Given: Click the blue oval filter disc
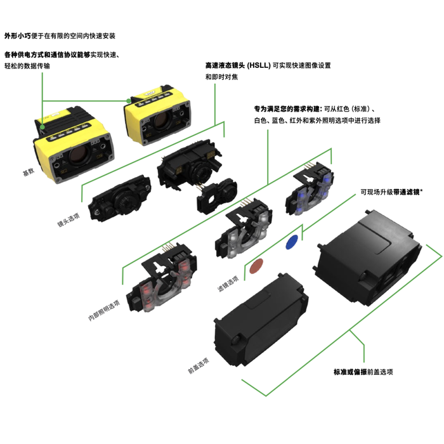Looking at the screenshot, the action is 292,242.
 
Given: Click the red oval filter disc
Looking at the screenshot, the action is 256,266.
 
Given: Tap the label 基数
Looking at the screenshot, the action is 29,171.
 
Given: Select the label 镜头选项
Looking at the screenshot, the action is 69,219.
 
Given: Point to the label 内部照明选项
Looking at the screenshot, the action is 104,310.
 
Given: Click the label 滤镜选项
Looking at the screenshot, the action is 228,284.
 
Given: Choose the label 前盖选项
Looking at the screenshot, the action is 199,365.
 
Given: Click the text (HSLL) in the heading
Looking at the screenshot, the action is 259,65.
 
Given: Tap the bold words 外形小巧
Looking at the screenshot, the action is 18,36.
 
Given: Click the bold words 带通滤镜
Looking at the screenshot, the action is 407,192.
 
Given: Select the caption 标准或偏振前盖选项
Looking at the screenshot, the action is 363,372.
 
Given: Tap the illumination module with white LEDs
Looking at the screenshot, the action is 243,228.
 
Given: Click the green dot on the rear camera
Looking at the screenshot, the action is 129,101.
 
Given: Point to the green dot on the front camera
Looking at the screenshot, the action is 42,127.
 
